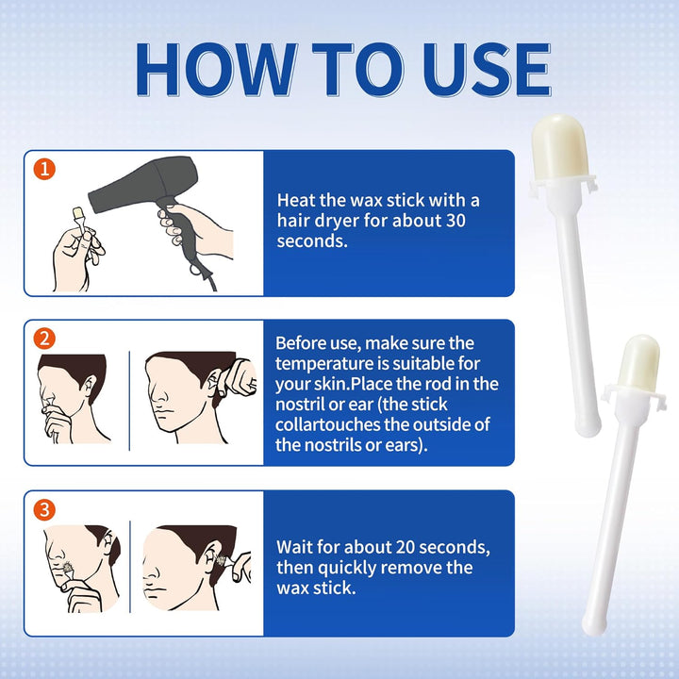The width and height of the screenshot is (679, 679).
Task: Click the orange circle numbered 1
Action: tap(44, 169)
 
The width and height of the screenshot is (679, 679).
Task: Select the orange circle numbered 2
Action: tap(44, 339)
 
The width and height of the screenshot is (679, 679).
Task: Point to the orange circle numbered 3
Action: tap(44, 509)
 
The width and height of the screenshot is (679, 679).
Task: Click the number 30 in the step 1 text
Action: tap(455, 221)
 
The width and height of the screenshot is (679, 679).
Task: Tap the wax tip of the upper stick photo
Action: tap(559, 147)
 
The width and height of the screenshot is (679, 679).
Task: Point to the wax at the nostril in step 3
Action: tap(68, 568)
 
